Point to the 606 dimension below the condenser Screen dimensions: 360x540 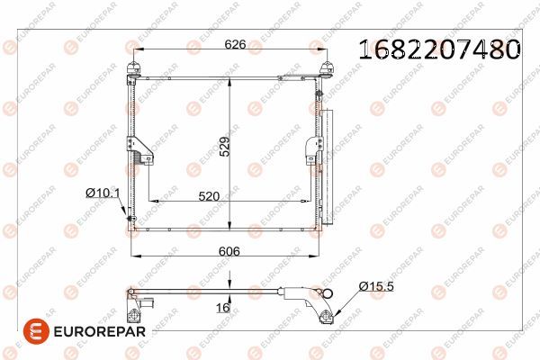[x=229, y=254]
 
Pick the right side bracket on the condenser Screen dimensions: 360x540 [x=311, y=148]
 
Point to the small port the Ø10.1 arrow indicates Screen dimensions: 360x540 [x=132, y=219]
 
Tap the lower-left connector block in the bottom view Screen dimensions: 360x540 [x=134, y=311]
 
